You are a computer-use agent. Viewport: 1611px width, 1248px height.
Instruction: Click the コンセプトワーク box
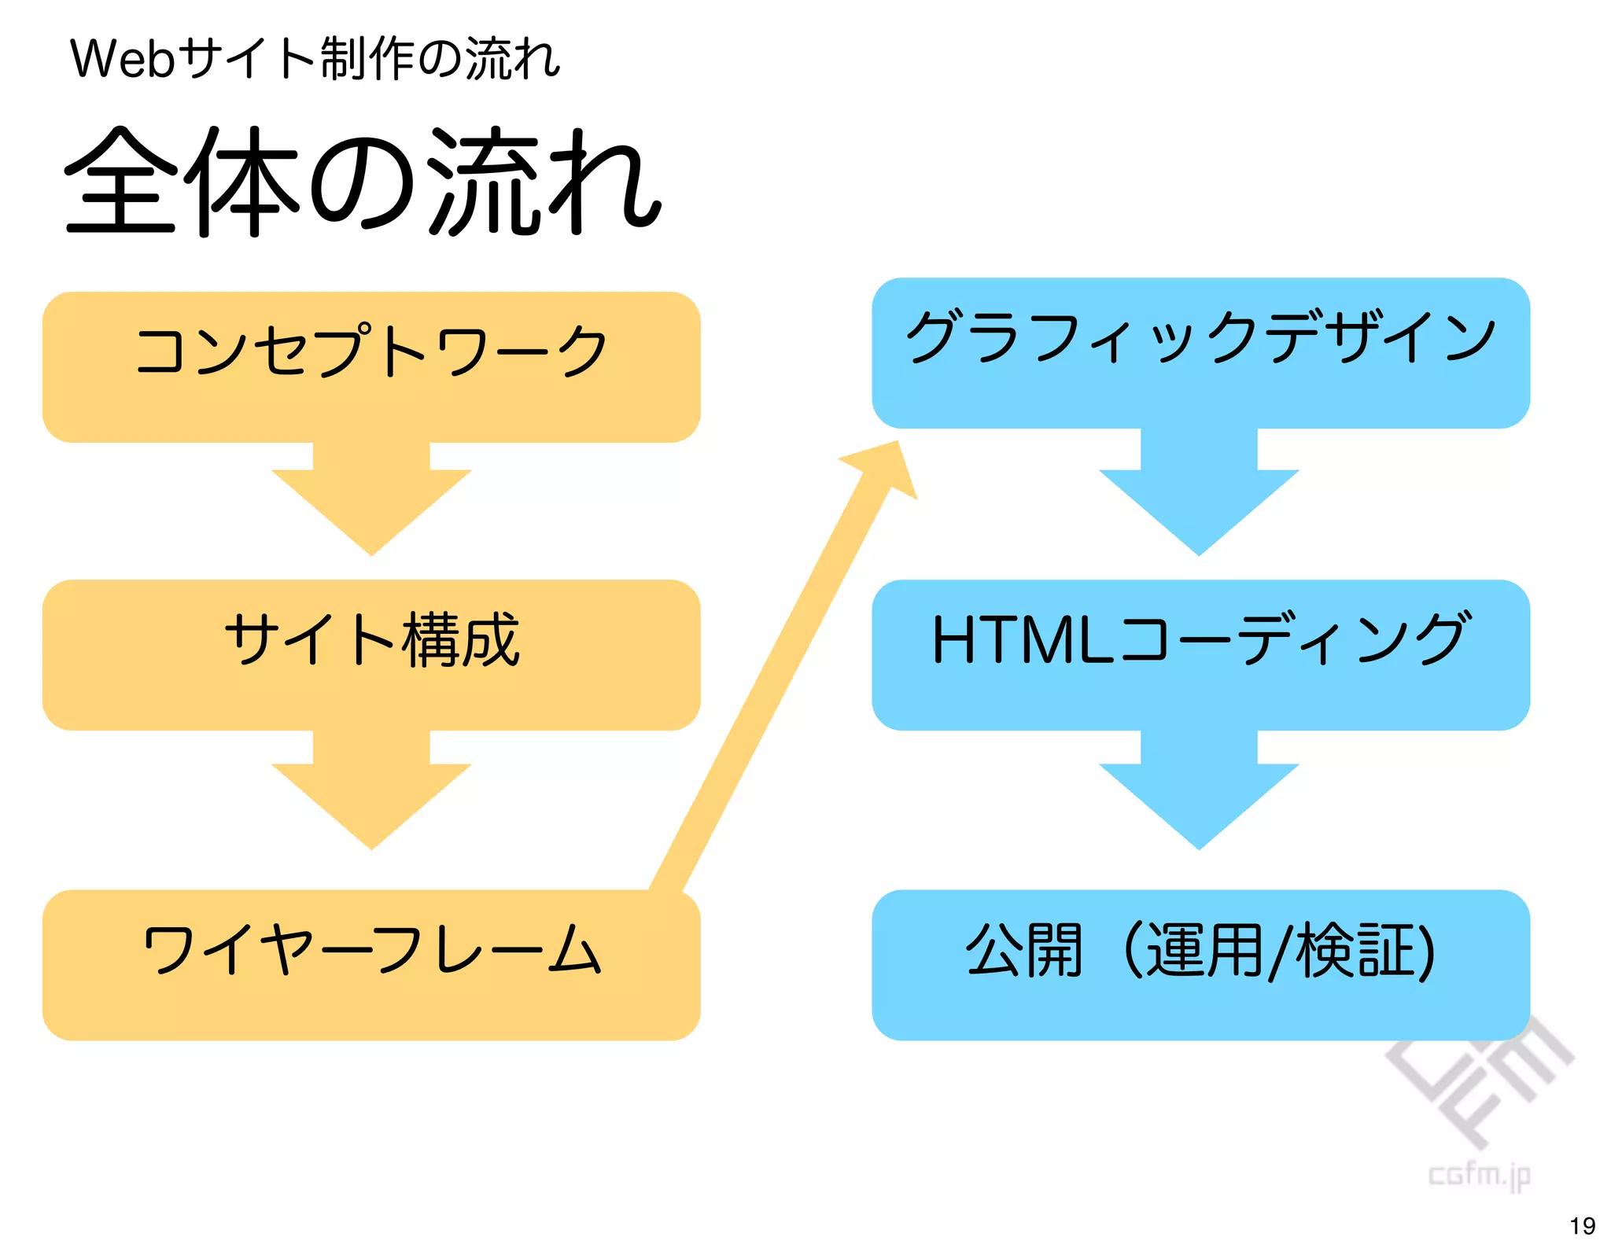tap(371, 366)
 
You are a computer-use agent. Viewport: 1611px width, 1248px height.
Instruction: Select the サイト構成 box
tap(371, 654)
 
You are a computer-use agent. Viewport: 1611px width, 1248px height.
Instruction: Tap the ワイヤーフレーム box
tap(371, 965)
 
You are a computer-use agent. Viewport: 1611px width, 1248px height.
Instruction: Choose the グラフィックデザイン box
tap(1200, 352)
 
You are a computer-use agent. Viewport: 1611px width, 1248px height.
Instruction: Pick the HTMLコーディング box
tap(1200, 654)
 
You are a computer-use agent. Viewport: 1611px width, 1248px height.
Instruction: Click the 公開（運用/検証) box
tap(1200, 965)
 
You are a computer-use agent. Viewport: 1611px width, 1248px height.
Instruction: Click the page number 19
tap(1582, 1226)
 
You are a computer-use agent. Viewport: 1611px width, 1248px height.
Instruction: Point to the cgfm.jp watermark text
tap(1479, 1176)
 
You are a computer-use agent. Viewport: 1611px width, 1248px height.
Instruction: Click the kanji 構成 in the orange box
tap(461, 640)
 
